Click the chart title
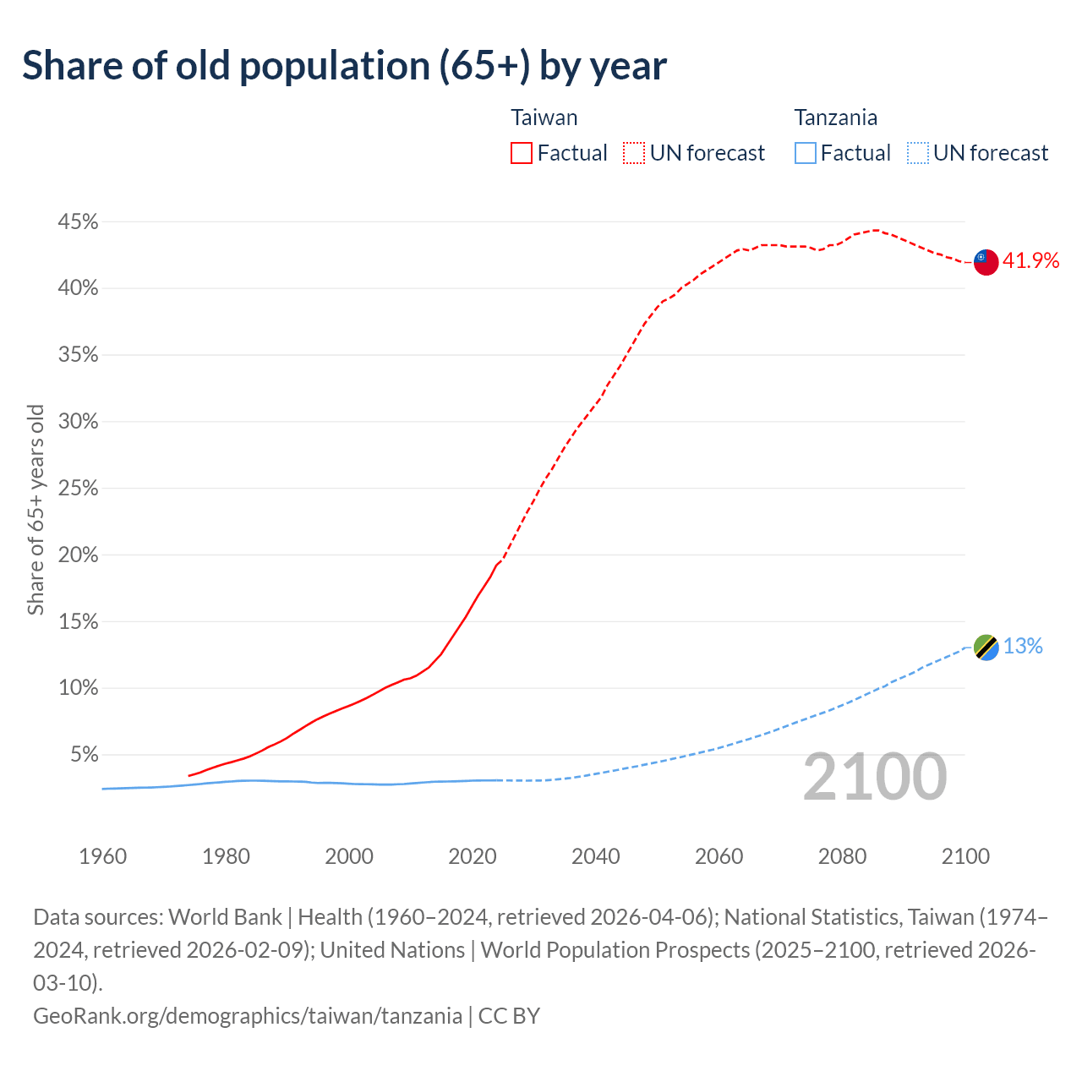point(344,66)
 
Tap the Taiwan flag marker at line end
point(986,262)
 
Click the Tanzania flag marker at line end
point(986,648)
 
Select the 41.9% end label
point(1030,261)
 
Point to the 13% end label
point(1023,647)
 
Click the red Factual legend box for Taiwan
point(522,153)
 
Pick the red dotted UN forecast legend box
point(634,153)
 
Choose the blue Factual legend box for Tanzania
point(806,153)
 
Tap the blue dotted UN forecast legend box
point(917,153)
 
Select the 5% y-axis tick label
point(84,754)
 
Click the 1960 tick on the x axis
point(103,856)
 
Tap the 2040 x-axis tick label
point(596,856)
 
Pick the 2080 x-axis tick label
point(842,856)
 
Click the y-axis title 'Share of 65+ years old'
point(36,510)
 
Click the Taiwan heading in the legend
point(544,117)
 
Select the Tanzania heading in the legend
point(835,117)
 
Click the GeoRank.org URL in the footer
point(248,1015)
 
